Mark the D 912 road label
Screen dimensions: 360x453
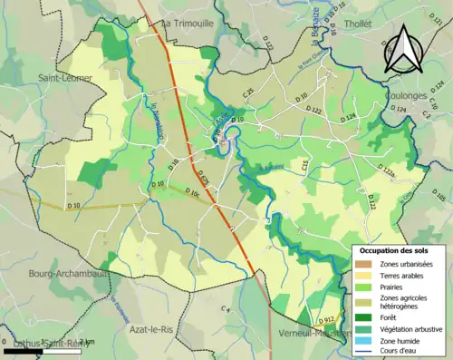327,320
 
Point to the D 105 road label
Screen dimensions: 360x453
439,196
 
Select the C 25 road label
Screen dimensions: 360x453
246,92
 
